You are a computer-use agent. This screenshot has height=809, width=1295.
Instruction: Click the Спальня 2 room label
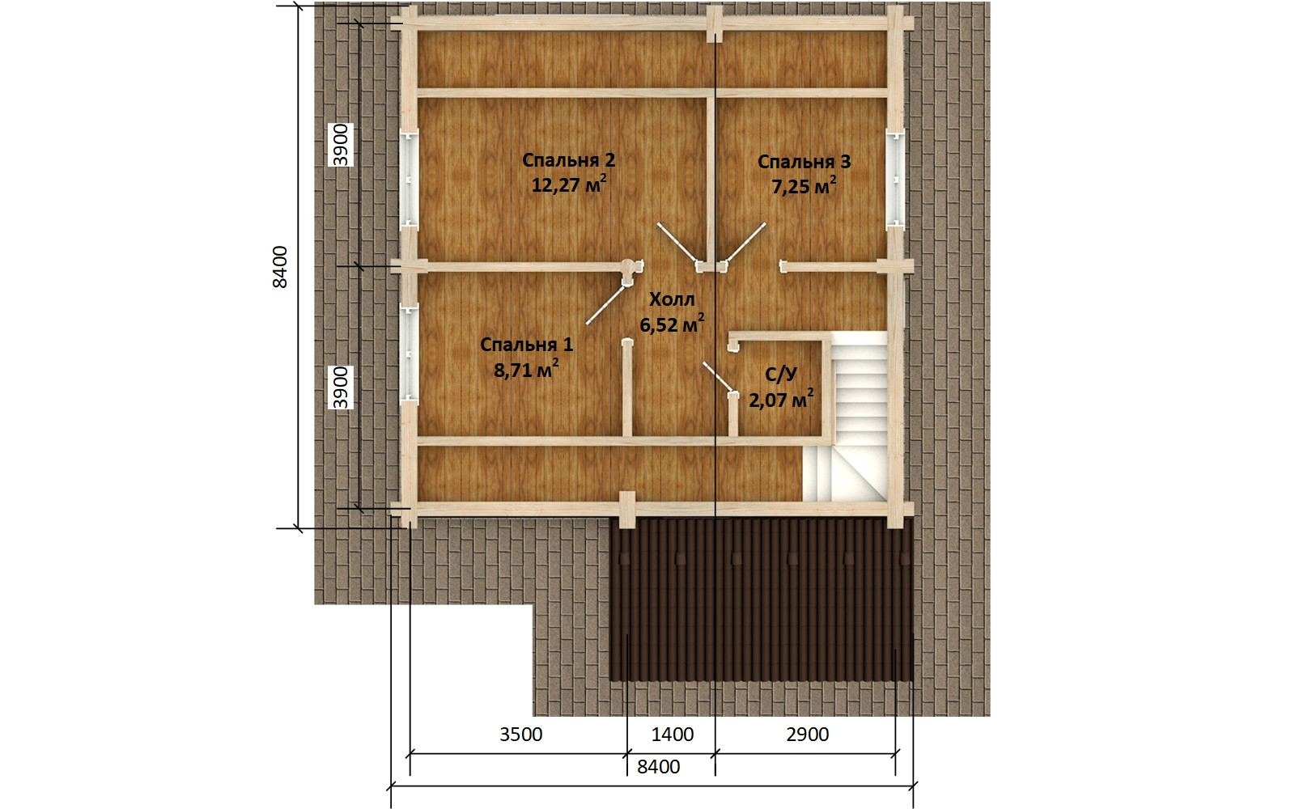tap(568, 160)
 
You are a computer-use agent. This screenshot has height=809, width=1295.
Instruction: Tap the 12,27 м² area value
tap(569, 184)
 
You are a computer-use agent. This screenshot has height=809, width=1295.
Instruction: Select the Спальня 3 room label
tap(804, 162)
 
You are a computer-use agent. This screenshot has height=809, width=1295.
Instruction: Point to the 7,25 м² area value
tap(804, 186)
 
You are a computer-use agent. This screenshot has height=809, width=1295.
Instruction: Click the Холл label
tap(672, 299)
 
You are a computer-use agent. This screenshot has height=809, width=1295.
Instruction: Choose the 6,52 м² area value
tap(672, 324)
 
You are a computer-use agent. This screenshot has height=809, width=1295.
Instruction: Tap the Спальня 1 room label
tap(526, 345)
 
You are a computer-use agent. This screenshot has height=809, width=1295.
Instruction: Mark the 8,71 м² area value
tap(526, 369)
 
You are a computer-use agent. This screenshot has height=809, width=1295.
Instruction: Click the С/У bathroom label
tap(781, 375)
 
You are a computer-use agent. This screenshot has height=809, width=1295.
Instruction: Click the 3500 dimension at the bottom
tap(521, 735)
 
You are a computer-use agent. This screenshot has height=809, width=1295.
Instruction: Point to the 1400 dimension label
tap(673, 735)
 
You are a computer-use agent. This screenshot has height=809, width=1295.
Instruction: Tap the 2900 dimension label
tap(808, 735)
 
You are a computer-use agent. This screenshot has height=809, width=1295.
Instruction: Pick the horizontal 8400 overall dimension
tap(659, 767)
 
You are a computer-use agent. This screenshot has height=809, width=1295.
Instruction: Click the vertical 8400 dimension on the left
tap(280, 267)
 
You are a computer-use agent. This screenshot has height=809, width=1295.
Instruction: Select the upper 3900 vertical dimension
tap(341, 145)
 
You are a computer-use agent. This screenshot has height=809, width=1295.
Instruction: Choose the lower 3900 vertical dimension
tap(341, 388)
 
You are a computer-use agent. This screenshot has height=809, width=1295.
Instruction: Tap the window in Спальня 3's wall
tap(895, 179)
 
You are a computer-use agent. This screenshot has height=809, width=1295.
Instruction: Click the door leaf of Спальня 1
tap(605, 304)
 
